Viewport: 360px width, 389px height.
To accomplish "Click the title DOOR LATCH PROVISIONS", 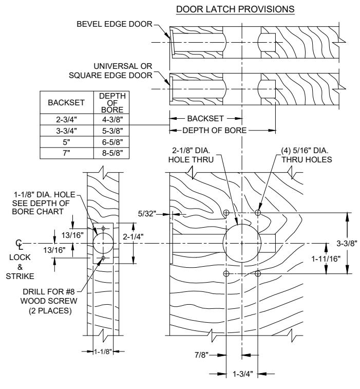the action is pos(235,9).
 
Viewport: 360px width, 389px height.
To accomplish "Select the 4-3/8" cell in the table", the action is pos(112,120).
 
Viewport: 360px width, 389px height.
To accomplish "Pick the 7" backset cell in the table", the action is pos(66,153).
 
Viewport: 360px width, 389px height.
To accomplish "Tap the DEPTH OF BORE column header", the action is pos(112,103).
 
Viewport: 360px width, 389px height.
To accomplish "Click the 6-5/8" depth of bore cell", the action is pos(112,142).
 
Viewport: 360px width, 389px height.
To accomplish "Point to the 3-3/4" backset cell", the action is pos(66,131).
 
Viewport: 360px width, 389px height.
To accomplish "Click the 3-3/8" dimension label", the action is pos(347,244).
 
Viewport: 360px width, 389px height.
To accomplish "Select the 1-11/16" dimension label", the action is pos(326,259).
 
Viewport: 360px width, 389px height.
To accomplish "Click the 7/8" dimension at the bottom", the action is pos(201,355).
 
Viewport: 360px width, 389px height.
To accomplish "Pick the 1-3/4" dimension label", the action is pos(242,374).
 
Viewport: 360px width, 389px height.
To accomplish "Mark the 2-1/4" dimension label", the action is pos(134,236).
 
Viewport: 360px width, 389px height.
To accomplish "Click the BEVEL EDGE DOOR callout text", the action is pos(115,24).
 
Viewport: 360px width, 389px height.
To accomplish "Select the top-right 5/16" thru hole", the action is pos(258,213).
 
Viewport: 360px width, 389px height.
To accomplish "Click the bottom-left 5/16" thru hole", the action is pos(226,274).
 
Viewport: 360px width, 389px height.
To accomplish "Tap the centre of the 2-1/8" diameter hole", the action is pos(242,244).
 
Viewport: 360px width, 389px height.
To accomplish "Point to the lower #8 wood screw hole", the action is pos(103,258).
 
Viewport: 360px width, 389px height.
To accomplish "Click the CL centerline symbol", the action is pos(20,245).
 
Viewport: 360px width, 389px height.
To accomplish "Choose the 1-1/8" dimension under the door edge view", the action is pos(103,351).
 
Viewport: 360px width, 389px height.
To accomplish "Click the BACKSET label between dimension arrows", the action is pos(205,119).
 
